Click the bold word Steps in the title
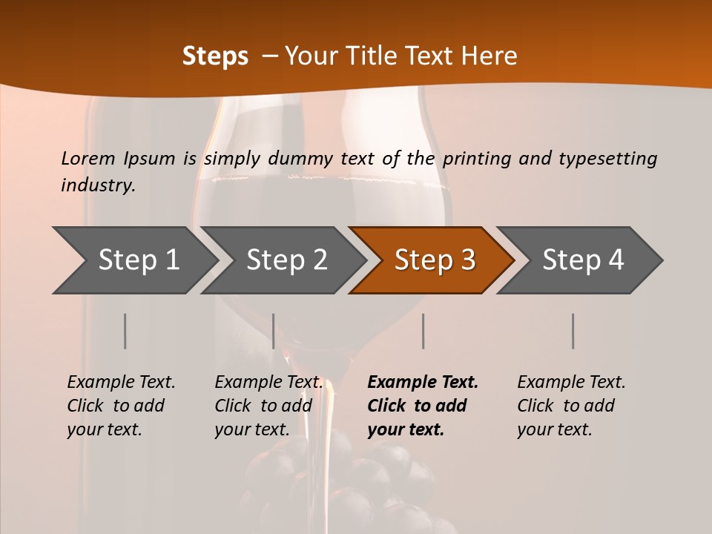tap(215, 56)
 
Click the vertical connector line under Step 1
tap(125, 331)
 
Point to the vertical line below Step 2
tap(274, 331)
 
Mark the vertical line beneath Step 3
tap(423, 331)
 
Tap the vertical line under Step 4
tap(573, 331)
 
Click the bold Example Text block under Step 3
tap(423, 406)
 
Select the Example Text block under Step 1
tap(121, 406)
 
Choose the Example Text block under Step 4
tap(571, 406)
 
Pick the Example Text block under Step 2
tap(268, 406)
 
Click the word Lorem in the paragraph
tap(88, 158)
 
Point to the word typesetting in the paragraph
tap(608, 158)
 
